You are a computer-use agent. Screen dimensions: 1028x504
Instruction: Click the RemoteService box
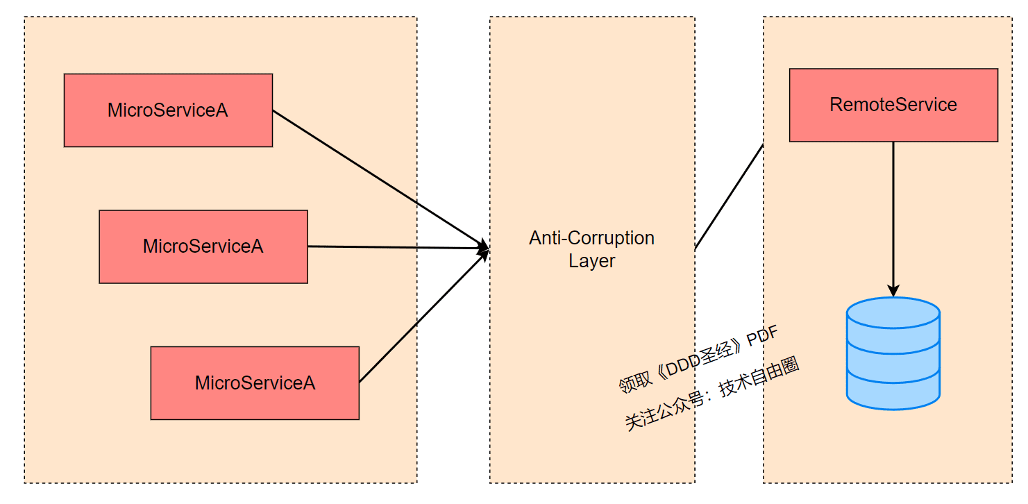coord(893,105)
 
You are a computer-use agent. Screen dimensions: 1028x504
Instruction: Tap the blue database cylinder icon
coord(893,353)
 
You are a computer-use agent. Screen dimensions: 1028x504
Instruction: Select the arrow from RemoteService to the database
coord(893,219)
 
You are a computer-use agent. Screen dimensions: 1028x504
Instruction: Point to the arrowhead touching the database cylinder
coord(893,291)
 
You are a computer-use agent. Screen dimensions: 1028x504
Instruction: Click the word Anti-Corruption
coord(591,238)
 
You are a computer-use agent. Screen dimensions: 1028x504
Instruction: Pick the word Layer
coord(591,261)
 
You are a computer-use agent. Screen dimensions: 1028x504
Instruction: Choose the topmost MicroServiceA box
coord(168,110)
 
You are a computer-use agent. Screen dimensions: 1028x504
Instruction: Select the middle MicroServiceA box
coord(203,246)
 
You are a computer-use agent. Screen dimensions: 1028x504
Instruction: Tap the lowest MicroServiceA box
coord(255,383)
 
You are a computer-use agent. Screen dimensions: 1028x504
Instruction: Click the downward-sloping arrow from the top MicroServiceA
coord(381,179)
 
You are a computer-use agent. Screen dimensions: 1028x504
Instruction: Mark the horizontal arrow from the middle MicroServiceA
coord(398,247)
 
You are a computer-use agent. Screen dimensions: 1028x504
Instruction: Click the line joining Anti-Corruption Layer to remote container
coord(730,197)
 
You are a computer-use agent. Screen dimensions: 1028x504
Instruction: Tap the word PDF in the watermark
coord(762,335)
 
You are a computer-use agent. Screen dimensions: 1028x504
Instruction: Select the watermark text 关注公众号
coord(664,411)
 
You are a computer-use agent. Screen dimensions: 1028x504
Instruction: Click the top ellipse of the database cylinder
coord(893,313)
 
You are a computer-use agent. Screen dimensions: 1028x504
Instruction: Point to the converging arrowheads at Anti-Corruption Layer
coord(484,249)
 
